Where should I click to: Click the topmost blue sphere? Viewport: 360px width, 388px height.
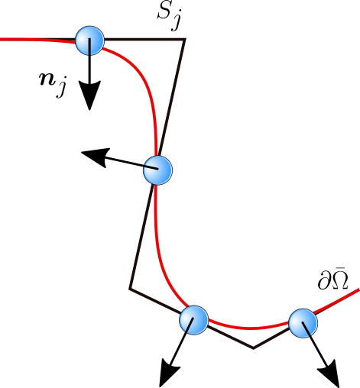pyautogui.click(x=89, y=40)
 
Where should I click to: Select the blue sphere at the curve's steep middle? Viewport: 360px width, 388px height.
pyautogui.click(x=157, y=170)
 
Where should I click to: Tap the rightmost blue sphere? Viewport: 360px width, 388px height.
pyautogui.click(x=303, y=323)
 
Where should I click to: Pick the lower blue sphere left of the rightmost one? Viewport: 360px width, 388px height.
pyautogui.click(x=193, y=320)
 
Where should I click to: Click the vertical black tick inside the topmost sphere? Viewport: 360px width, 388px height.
pyautogui.click(x=90, y=46)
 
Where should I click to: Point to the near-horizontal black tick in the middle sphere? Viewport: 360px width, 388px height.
pyautogui.click(x=151, y=167)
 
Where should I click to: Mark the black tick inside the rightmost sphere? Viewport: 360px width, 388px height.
pyautogui.click(x=306, y=328)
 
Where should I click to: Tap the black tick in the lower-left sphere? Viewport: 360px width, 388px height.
pyautogui.click(x=190, y=325)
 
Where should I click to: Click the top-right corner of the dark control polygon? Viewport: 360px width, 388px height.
pyautogui.click(x=185, y=39)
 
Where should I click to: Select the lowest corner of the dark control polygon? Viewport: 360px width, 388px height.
pyautogui.click(x=254, y=348)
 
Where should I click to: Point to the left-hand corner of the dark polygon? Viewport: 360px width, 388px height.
pyautogui.click(x=130, y=289)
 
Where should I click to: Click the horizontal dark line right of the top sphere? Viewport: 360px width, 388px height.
pyautogui.click(x=145, y=38)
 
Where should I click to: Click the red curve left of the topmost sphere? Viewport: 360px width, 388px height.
pyautogui.click(x=38, y=40)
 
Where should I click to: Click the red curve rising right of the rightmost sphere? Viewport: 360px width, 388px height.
pyautogui.click(x=340, y=299)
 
